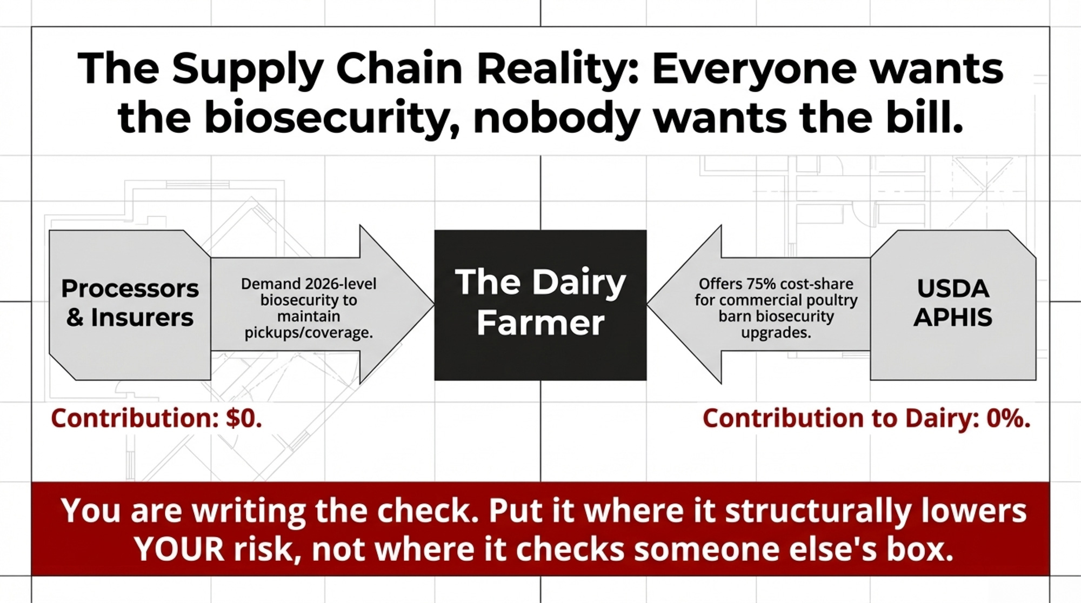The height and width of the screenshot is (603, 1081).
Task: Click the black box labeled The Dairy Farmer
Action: [540, 305]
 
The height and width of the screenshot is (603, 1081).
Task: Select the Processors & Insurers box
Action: [130, 305]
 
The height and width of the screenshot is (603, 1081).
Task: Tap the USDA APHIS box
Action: [953, 305]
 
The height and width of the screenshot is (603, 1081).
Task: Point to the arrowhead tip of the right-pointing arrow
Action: [434, 305]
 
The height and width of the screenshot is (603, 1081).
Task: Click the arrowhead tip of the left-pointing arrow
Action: [648, 305]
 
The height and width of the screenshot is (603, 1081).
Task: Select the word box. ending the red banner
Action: [919, 550]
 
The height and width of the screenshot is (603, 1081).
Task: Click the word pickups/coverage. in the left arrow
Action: [309, 333]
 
